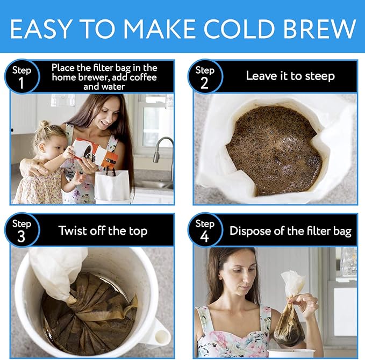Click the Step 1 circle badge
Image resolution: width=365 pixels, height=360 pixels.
[x=22, y=76]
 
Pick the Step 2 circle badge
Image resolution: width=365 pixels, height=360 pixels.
[x=205, y=76]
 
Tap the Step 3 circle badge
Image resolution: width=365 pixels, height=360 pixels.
[x=22, y=231]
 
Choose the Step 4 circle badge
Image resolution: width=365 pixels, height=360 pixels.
[x=205, y=231]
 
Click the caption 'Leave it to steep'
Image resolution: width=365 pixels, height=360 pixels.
[x=290, y=76]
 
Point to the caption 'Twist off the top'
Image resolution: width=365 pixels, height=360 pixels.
[x=102, y=231]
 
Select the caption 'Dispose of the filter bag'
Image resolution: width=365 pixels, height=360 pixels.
[x=290, y=231]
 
